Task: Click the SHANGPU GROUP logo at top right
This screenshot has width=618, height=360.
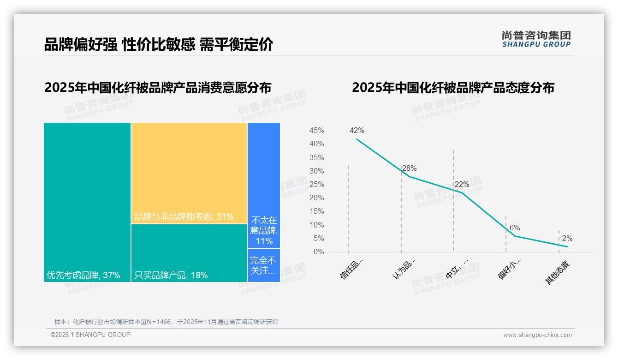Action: [x=536, y=39]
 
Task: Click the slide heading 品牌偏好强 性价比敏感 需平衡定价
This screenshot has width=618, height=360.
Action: [x=159, y=44]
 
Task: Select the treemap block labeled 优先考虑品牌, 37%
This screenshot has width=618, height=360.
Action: [x=87, y=202]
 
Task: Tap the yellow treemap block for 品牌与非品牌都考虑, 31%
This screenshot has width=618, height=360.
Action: [x=189, y=173]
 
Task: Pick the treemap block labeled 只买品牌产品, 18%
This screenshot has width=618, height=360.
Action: [x=189, y=253]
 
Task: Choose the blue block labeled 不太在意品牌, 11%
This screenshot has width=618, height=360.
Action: [x=264, y=185]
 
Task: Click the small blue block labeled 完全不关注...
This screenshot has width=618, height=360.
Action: [x=264, y=265]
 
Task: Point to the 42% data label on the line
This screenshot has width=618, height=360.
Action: [x=357, y=131]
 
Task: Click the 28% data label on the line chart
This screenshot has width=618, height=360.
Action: [x=409, y=168]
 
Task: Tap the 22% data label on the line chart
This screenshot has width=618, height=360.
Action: [x=462, y=185]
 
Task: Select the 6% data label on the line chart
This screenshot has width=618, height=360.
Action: [x=515, y=228]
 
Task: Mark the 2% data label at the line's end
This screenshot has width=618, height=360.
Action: [x=567, y=239]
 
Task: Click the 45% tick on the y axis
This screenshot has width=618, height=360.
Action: [x=316, y=131]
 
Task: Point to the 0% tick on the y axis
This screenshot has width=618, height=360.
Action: [x=318, y=252]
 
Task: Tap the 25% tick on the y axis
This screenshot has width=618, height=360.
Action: [x=316, y=185]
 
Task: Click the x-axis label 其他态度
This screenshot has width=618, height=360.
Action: [x=558, y=272]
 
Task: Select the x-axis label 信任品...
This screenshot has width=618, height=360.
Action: [x=352, y=269]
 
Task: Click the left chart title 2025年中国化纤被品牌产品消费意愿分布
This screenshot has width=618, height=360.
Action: [x=158, y=87]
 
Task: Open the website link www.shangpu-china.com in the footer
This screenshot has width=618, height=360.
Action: [x=537, y=335]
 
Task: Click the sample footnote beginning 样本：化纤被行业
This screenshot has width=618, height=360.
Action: [x=166, y=322]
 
